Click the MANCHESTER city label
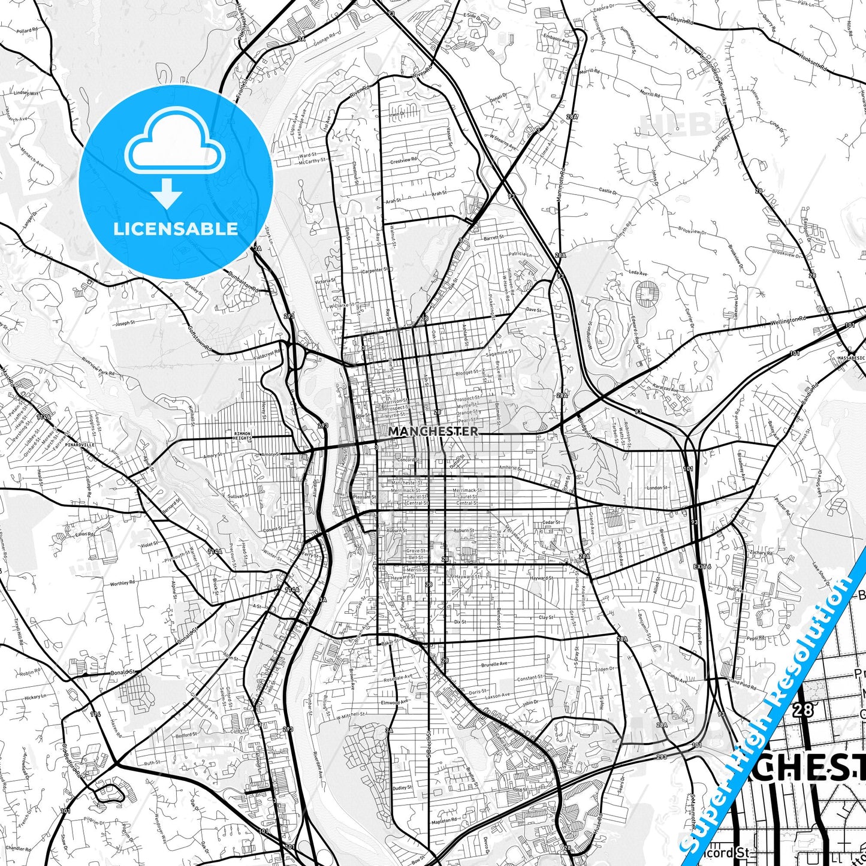tap(433, 431)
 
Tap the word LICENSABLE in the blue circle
tap(176, 228)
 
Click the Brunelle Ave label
tap(494, 664)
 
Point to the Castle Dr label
tap(607, 191)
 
